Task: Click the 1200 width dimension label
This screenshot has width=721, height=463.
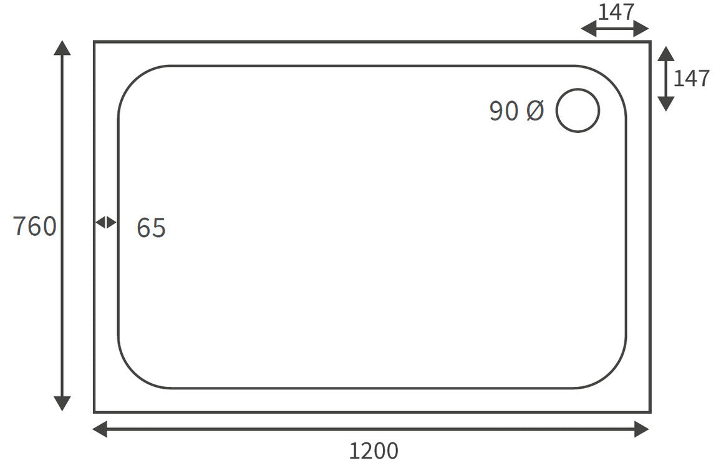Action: (x=373, y=451)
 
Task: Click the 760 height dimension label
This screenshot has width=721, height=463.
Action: (x=35, y=226)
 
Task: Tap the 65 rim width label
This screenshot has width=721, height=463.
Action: (x=151, y=228)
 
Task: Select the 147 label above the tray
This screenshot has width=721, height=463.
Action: (x=616, y=11)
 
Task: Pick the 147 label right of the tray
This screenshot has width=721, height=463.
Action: (x=691, y=79)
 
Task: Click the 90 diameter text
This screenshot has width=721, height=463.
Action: (x=503, y=111)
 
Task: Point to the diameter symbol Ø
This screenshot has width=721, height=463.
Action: (x=535, y=111)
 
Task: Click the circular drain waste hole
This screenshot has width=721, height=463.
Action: (x=578, y=110)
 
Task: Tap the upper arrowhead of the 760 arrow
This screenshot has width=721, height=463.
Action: (x=62, y=47)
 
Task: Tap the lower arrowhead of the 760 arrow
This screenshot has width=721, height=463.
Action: (x=62, y=404)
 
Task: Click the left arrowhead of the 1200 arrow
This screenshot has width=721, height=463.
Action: (x=100, y=429)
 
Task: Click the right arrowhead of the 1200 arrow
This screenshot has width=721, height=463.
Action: (x=642, y=429)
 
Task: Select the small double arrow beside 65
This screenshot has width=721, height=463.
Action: (x=105, y=222)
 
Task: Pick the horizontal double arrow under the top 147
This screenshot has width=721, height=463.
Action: (x=615, y=29)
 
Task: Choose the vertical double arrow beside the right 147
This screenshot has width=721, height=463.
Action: (x=666, y=79)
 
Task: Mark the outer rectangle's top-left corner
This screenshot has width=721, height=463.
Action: (x=95, y=42)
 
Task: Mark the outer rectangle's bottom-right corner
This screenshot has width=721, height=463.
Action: (x=650, y=412)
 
